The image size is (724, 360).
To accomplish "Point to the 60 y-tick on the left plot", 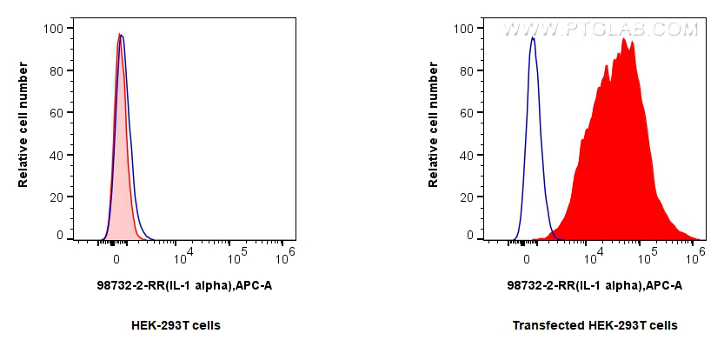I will click(x=55, y=113).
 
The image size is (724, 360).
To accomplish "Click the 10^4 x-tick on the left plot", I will click(x=183, y=257).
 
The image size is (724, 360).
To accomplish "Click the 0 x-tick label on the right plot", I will click(x=528, y=258).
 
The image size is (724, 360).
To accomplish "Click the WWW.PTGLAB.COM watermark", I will click(x=600, y=29).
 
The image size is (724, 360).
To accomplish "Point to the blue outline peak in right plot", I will click(x=532, y=38).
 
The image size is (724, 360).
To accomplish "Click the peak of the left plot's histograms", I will click(x=120, y=35).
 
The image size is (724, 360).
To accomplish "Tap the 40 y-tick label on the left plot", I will click(x=55, y=156).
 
